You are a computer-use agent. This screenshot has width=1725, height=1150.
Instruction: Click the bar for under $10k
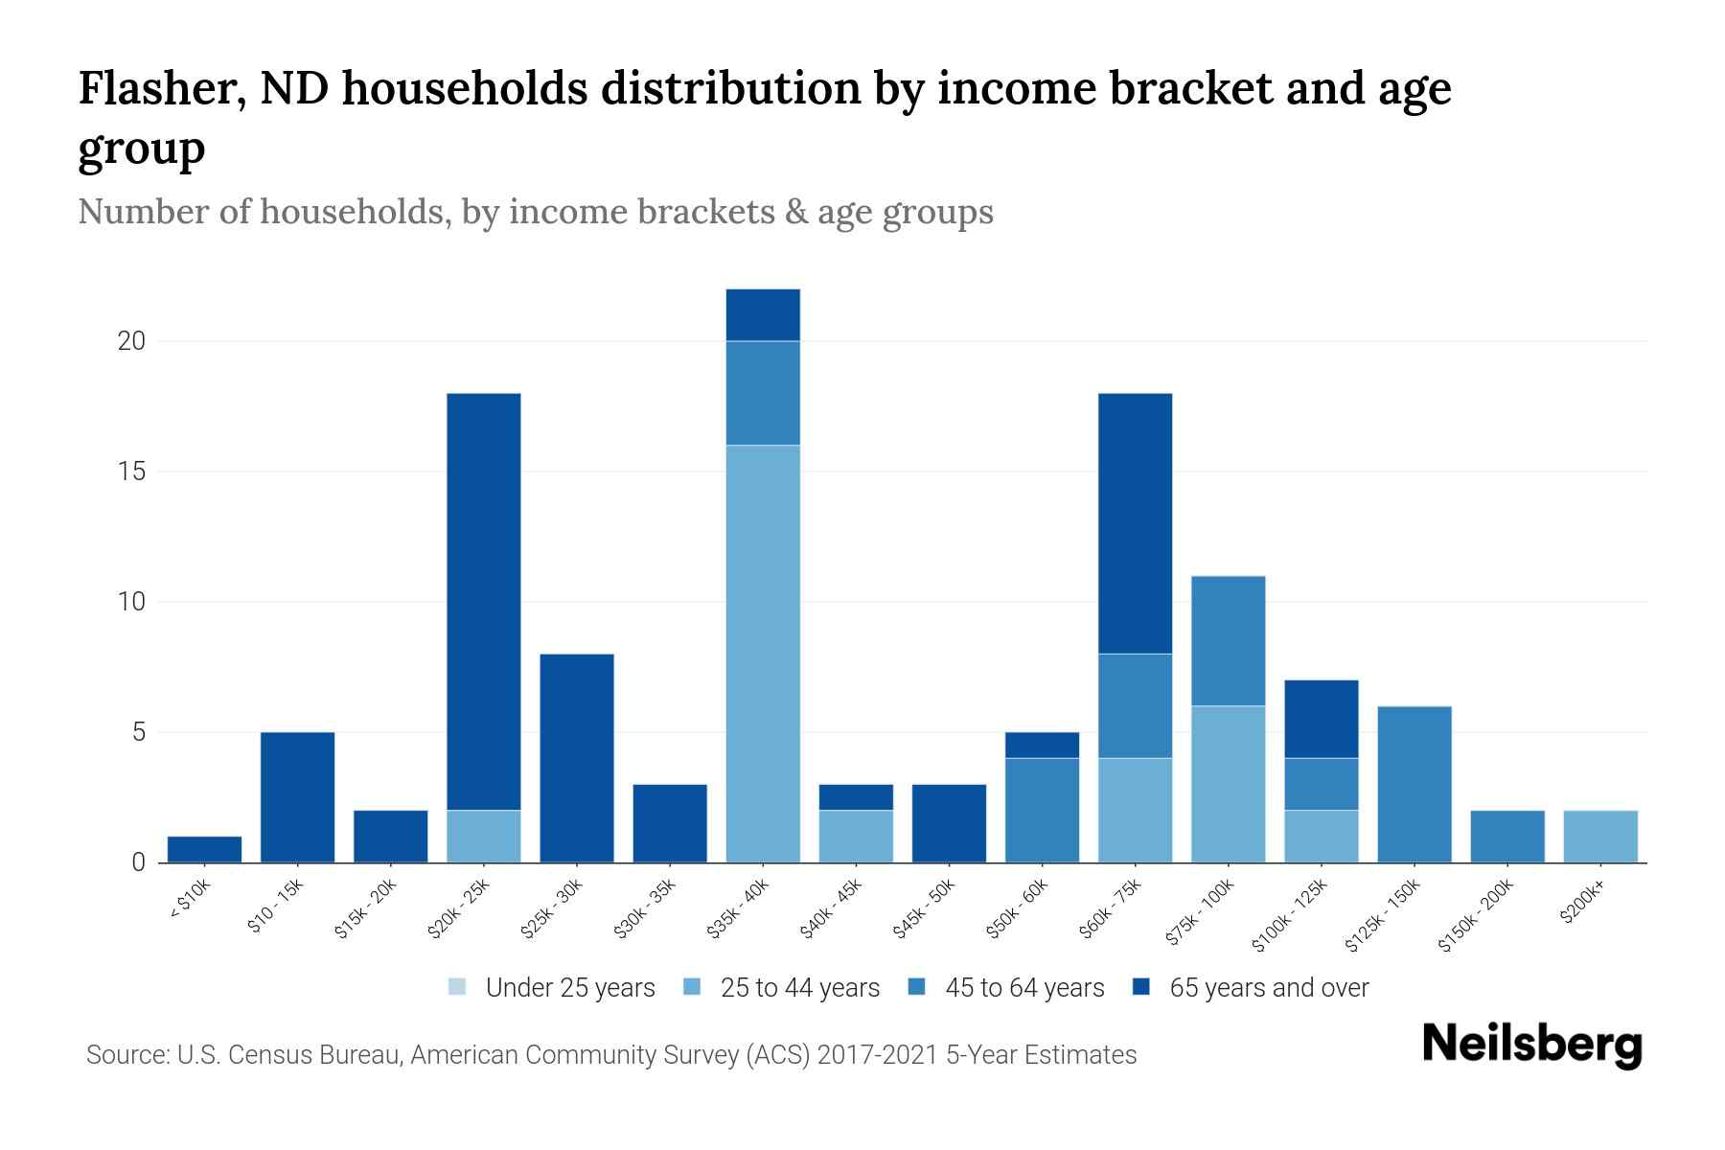[x=204, y=849]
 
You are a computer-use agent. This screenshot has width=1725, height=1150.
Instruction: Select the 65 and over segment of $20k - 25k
[x=484, y=602]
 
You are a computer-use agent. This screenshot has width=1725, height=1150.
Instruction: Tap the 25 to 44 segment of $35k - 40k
[x=763, y=654]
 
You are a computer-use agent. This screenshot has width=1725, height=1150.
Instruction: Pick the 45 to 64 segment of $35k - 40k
[x=763, y=393]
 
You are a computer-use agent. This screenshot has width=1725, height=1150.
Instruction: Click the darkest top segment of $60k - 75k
[x=1135, y=523]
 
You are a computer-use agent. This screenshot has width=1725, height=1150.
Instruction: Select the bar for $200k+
[x=1599, y=837]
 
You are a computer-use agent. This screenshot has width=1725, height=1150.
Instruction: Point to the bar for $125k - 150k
[x=1414, y=784]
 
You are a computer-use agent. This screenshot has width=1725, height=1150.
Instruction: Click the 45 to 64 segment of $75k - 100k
[x=1228, y=640]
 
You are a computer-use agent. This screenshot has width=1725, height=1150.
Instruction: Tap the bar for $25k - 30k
[x=577, y=758]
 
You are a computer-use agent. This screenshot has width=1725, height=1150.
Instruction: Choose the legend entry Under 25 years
[x=570, y=988]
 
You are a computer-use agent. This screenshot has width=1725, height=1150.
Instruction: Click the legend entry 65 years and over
[x=1269, y=988]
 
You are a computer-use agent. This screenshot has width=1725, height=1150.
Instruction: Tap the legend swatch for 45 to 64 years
[x=917, y=987]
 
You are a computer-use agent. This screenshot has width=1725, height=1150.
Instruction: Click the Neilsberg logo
[x=1531, y=1045]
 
